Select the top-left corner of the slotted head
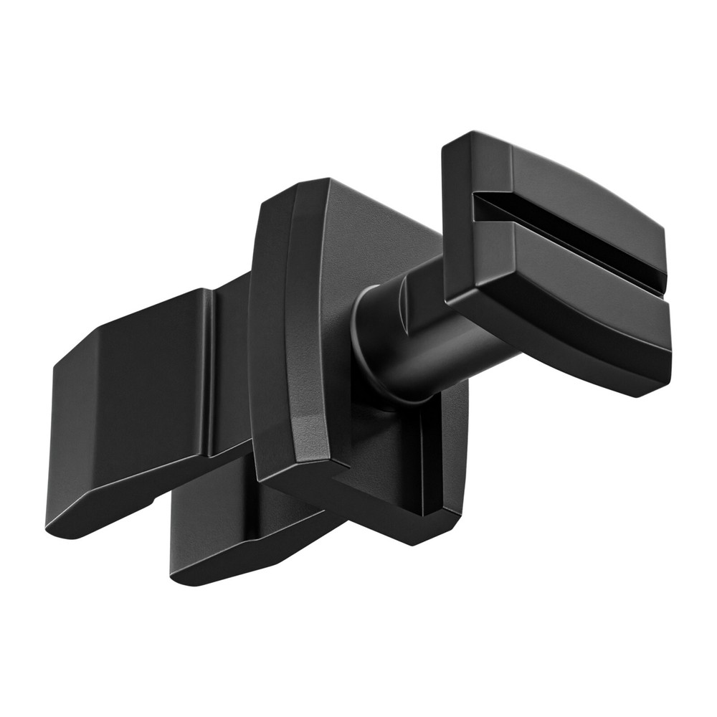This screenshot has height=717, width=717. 448,147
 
